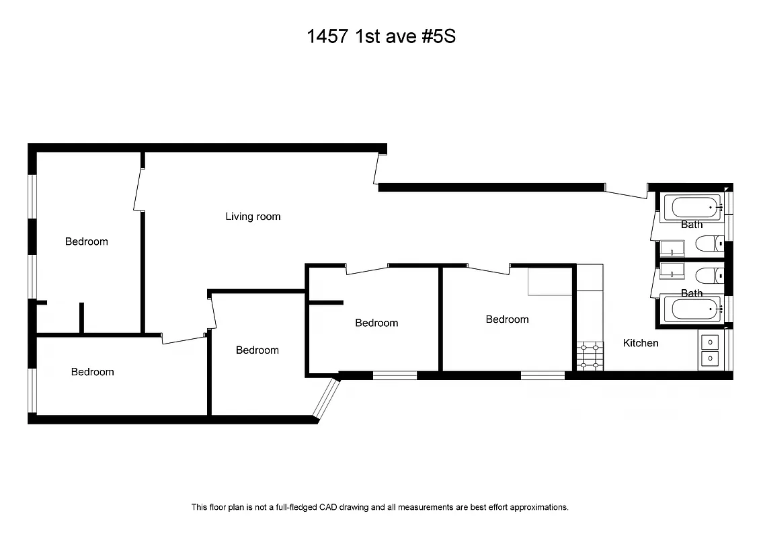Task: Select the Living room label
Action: pos(253,217)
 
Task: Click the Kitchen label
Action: pos(641,343)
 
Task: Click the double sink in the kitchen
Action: pos(709,350)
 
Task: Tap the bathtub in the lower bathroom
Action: pos(692,311)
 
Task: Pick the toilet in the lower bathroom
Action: pos(709,275)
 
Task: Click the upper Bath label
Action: pos(692,225)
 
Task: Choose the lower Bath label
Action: pos(692,293)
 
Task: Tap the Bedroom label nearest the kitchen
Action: pos(507,319)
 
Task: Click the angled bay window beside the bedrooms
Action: pos(327,399)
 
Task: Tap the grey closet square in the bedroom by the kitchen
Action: pos(551,282)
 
